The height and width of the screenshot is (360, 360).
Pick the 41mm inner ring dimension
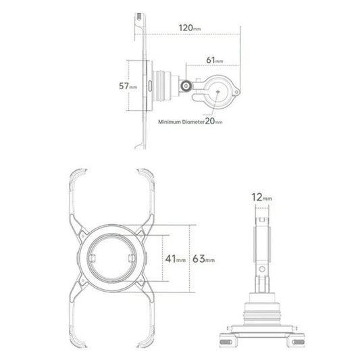point(174,258)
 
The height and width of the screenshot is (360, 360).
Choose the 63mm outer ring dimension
point(204,258)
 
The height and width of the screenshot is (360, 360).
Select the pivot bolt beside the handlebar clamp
point(187,87)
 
